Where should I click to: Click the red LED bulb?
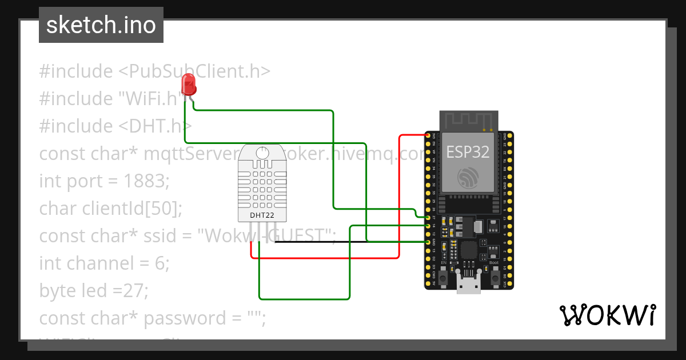click(x=188, y=85)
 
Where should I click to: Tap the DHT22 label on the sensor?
click(x=262, y=215)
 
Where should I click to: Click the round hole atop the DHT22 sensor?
click(x=262, y=153)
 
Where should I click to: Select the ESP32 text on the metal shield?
click(x=468, y=153)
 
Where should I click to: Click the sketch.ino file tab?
click(x=101, y=25)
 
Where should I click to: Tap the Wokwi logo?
click(x=607, y=315)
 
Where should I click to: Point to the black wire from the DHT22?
click(x=320, y=242)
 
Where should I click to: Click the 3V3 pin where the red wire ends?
click(x=428, y=135)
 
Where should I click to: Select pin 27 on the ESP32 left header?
click(x=428, y=218)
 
